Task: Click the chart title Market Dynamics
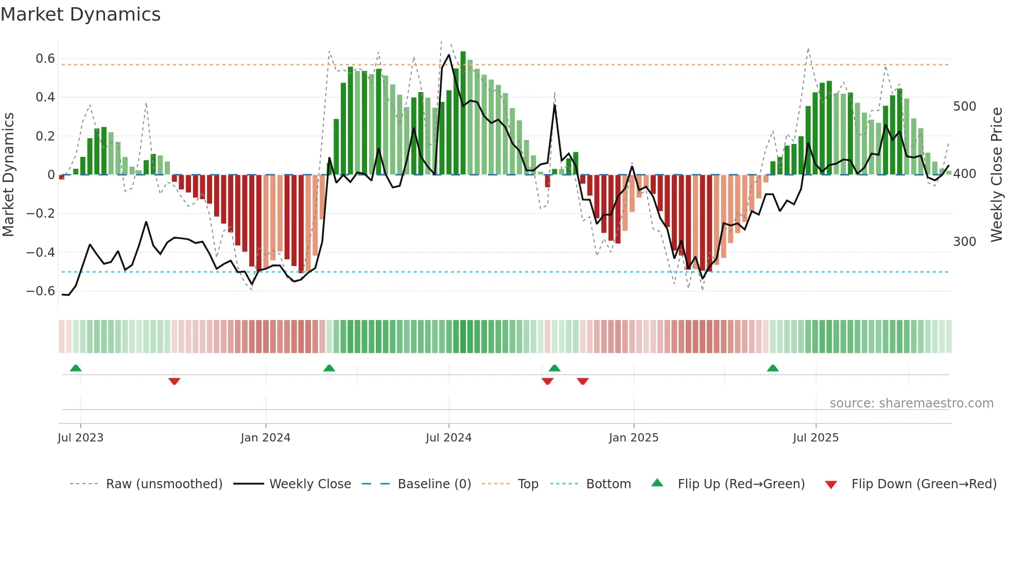tap(80, 14)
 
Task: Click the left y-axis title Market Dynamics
tap(8, 174)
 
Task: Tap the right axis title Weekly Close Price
tap(997, 174)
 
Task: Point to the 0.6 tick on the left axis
tap(45, 59)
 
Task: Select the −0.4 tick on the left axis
tap(41, 252)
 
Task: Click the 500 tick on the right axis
tap(964, 107)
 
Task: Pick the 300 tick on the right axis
tap(964, 242)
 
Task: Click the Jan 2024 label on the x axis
tap(265, 438)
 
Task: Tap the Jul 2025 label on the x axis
tap(815, 438)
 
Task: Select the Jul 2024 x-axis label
tap(448, 438)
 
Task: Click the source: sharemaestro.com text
tap(911, 403)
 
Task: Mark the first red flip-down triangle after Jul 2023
tap(174, 381)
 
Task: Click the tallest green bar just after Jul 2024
tap(463, 113)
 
